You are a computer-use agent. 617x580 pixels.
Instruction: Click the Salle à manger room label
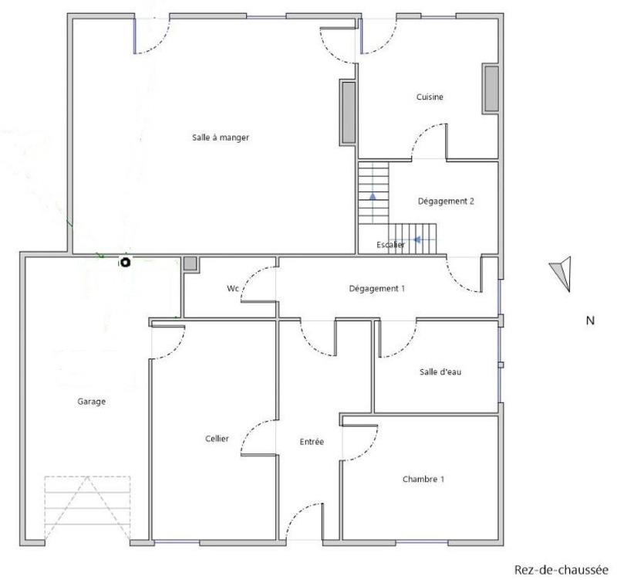click(x=221, y=137)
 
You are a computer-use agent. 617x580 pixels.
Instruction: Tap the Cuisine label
click(x=430, y=97)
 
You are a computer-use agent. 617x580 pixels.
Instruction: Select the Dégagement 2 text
click(x=446, y=201)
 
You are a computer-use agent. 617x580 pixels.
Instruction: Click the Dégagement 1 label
click(x=377, y=288)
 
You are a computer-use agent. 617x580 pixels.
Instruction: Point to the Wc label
click(x=232, y=289)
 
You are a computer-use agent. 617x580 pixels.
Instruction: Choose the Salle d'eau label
click(x=440, y=371)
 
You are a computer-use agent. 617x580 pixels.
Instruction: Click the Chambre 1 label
click(x=423, y=479)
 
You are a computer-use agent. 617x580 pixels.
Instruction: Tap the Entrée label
click(x=312, y=442)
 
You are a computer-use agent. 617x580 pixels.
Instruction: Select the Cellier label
click(x=217, y=438)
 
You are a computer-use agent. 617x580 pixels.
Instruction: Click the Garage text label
click(x=91, y=402)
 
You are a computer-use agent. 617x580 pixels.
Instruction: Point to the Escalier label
click(x=390, y=245)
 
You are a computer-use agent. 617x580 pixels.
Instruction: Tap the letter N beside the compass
click(x=590, y=321)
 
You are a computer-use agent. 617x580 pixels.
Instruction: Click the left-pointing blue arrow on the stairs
click(x=416, y=239)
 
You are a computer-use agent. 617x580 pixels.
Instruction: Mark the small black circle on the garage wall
click(x=124, y=263)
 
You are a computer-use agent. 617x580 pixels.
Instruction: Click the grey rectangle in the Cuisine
click(x=491, y=89)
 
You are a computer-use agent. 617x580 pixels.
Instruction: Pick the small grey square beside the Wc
click(x=190, y=263)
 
